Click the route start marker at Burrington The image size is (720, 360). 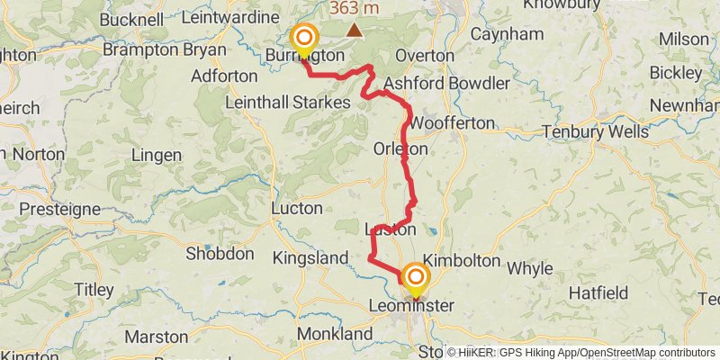(304, 38)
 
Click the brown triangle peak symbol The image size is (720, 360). (356, 31)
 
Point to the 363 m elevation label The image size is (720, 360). (355, 8)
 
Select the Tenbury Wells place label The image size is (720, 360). (595, 131)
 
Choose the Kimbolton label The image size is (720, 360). (461, 260)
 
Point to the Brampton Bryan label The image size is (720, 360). (157, 50)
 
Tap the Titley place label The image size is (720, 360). (94, 290)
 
